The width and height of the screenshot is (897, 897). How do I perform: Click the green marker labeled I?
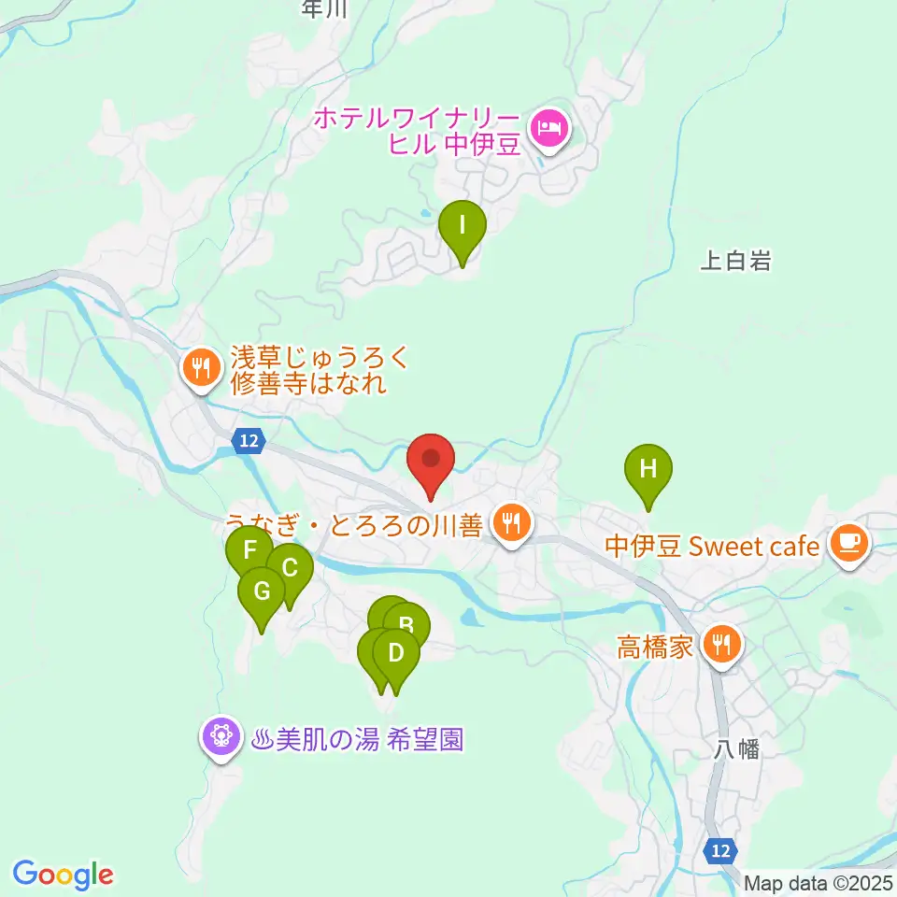tap(462, 225)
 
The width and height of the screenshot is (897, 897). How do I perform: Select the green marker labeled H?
tap(648, 468)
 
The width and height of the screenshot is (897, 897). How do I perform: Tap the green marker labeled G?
tap(261, 591)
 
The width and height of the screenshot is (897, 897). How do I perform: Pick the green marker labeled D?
tap(396, 652)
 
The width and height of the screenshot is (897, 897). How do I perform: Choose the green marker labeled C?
tap(290, 567)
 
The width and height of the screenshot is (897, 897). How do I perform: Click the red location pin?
tap(431, 460)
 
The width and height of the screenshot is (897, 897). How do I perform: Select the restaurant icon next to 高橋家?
tap(722, 645)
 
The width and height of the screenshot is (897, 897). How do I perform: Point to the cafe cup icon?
tap(848, 542)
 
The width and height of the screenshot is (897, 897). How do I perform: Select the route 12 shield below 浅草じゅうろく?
tap(248, 441)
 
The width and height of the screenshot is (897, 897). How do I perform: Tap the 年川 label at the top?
tap(325, 8)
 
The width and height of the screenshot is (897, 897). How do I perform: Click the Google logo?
tap(64, 875)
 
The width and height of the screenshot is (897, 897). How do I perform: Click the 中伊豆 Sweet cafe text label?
tap(712, 546)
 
